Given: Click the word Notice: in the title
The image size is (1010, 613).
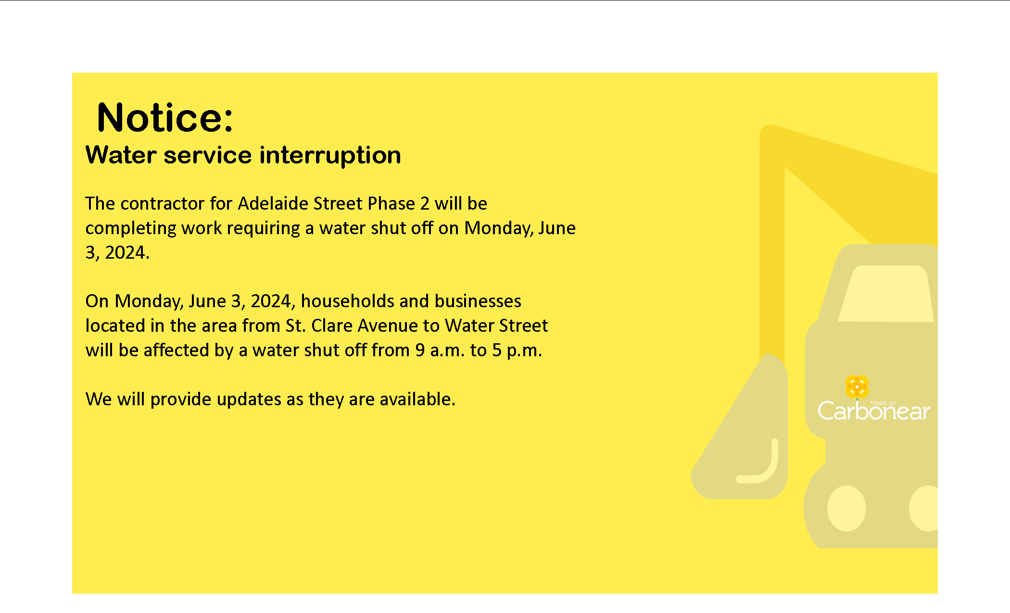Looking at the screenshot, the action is coord(165,117).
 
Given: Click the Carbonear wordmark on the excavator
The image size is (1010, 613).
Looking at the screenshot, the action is coord(873,411).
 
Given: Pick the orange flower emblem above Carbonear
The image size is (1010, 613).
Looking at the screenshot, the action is coord(857,387).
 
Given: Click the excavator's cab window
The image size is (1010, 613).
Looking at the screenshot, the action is coord(886,294).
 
